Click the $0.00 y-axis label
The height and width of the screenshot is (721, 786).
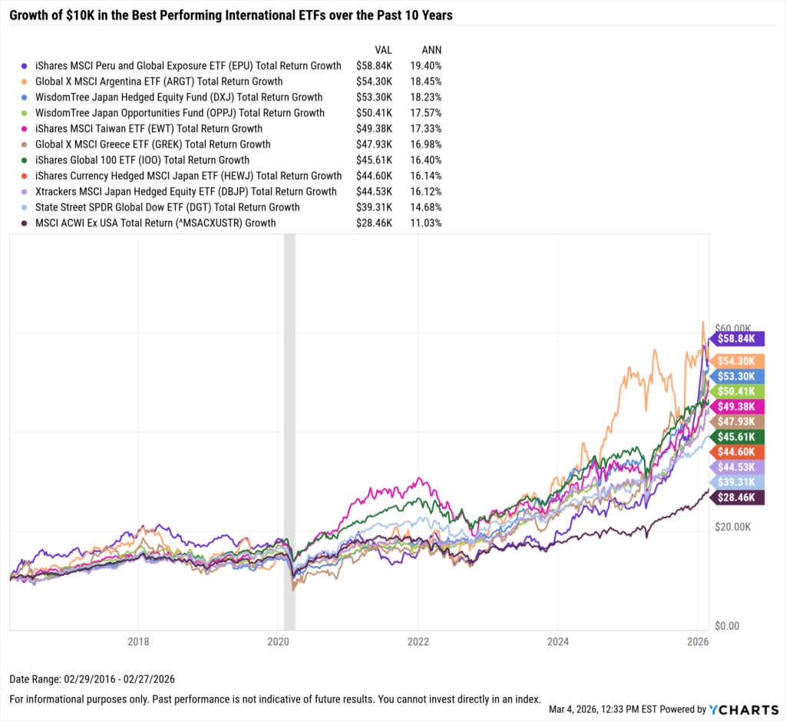[x=730, y=626]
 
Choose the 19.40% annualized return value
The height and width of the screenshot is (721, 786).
[x=426, y=66]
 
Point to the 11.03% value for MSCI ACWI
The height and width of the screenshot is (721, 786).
[x=426, y=223]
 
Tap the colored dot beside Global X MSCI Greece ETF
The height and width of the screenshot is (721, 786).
[x=26, y=144]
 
